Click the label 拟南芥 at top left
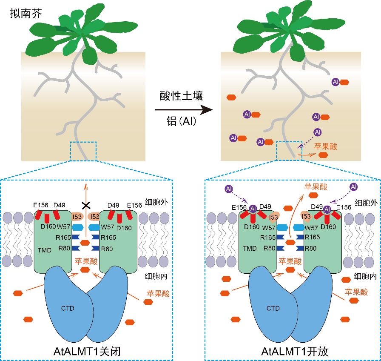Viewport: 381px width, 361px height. (26, 13)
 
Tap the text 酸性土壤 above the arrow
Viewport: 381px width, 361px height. (181, 96)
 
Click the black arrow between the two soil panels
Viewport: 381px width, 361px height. (184, 110)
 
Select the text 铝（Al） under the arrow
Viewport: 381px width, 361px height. (181, 121)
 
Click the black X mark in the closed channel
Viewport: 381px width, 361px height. (86, 206)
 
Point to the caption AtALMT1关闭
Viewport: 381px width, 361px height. (87, 351)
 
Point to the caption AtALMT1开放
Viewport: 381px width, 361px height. (295, 351)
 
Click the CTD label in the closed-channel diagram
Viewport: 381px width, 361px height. (68, 308)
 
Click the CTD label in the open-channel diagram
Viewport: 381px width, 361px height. (273, 308)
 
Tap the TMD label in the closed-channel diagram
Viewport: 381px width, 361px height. (45, 250)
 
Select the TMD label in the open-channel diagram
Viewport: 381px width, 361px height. (250, 248)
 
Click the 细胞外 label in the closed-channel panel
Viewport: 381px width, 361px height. (156, 202)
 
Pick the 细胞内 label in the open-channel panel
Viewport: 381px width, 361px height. (365, 276)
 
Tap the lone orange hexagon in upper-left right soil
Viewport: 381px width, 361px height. (231, 97)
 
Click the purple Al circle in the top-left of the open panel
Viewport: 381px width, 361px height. (229, 189)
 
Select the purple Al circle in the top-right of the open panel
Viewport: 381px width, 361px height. (353, 187)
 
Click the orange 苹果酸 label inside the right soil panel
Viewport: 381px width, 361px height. (326, 146)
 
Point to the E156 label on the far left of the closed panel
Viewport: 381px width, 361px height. (40, 205)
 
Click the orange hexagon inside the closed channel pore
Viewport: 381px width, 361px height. (85, 243)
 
